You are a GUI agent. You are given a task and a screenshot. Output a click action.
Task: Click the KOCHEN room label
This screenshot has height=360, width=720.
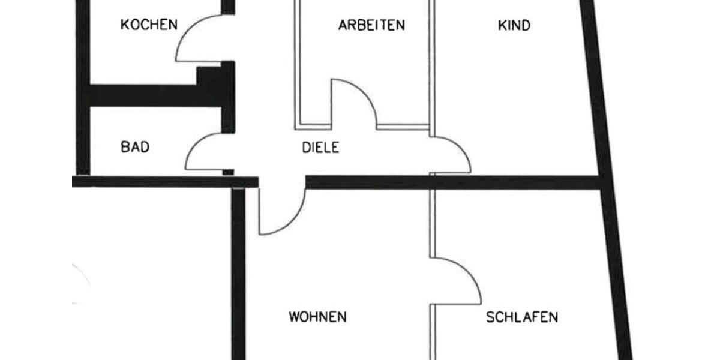pos(149,25)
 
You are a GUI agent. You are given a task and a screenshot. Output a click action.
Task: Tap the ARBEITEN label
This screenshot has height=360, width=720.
pos(371,25)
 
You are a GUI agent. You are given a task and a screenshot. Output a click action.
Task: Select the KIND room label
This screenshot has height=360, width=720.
pos(514,25)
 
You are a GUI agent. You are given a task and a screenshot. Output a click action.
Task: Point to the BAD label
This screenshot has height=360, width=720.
pos(135,147)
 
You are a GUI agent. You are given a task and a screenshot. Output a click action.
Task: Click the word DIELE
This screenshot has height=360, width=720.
pos(320,148)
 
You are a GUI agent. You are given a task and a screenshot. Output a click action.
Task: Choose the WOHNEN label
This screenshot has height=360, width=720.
pos(317,317)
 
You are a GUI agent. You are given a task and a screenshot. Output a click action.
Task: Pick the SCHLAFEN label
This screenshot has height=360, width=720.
pos(522,317)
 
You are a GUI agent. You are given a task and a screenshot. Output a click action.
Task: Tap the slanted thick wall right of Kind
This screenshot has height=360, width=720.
pos(591,90)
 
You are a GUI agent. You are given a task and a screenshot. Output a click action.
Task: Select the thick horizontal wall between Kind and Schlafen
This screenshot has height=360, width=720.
pos(516,182)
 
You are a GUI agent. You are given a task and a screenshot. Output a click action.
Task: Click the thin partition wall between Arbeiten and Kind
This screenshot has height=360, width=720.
pos(432,66)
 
